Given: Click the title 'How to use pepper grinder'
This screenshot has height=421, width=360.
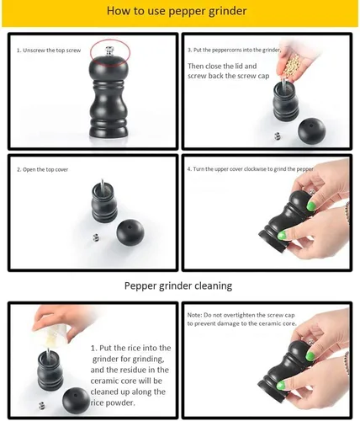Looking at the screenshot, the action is pyautogui.click(x=177, y=11).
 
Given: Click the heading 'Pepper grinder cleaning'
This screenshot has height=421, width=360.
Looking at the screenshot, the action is pyautogui.click(x=178, y=285).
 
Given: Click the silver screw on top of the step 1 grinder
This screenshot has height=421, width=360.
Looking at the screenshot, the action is pyautogui.click(x=109, y=51).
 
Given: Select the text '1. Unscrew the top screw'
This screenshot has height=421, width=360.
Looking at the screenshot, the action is pyautogui.click(x=49, y=51).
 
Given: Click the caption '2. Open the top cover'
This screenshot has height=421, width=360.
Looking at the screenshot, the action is pyautogui.click(x=42, y=169).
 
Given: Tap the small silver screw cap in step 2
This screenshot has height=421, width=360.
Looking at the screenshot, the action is pyautogui.click(x=96, y=237).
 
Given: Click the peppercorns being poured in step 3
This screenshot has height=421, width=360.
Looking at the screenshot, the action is pyautogui.click(x=291, y=65).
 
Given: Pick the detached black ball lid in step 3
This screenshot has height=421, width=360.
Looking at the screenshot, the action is pyautogui.click(x=312, y=131).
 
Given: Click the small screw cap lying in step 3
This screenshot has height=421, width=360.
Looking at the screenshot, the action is pyautogui.click(x=278, y=136).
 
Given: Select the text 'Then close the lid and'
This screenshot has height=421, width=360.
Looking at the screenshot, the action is pyautogui.click(x=222, y=67).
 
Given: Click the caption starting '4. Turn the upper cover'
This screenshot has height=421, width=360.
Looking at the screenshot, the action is pyautogui.click(x=250, y=169).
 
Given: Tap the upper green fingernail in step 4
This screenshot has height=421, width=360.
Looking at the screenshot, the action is pyautogui.click(x=311, y=206).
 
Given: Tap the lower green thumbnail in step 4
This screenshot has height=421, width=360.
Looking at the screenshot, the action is pyautogui.click(x=282, y=236).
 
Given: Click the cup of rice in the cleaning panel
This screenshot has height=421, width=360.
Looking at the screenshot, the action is pyautogui.click(x=53, y=334).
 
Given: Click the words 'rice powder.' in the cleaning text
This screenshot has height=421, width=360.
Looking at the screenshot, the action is pyautogui.click(x=113, y=402).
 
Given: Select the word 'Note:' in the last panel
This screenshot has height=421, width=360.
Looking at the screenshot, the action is pyautogui.click(x=194, y=315).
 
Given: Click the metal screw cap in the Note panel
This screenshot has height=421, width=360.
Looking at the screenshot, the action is pyautogui.click(x=311, y=342).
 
